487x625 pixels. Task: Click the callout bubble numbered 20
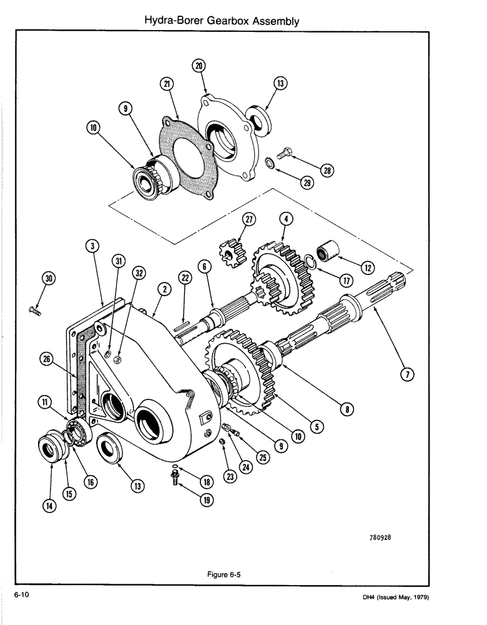pyautogui.click(x=199, y=65)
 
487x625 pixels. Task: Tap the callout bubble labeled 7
pyautogui.click(x=407, y=374)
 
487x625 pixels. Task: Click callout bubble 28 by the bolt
pyautogui.click(x=327, y=169)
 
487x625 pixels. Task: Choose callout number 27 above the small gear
pyautogui.click(x=250, y=221)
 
